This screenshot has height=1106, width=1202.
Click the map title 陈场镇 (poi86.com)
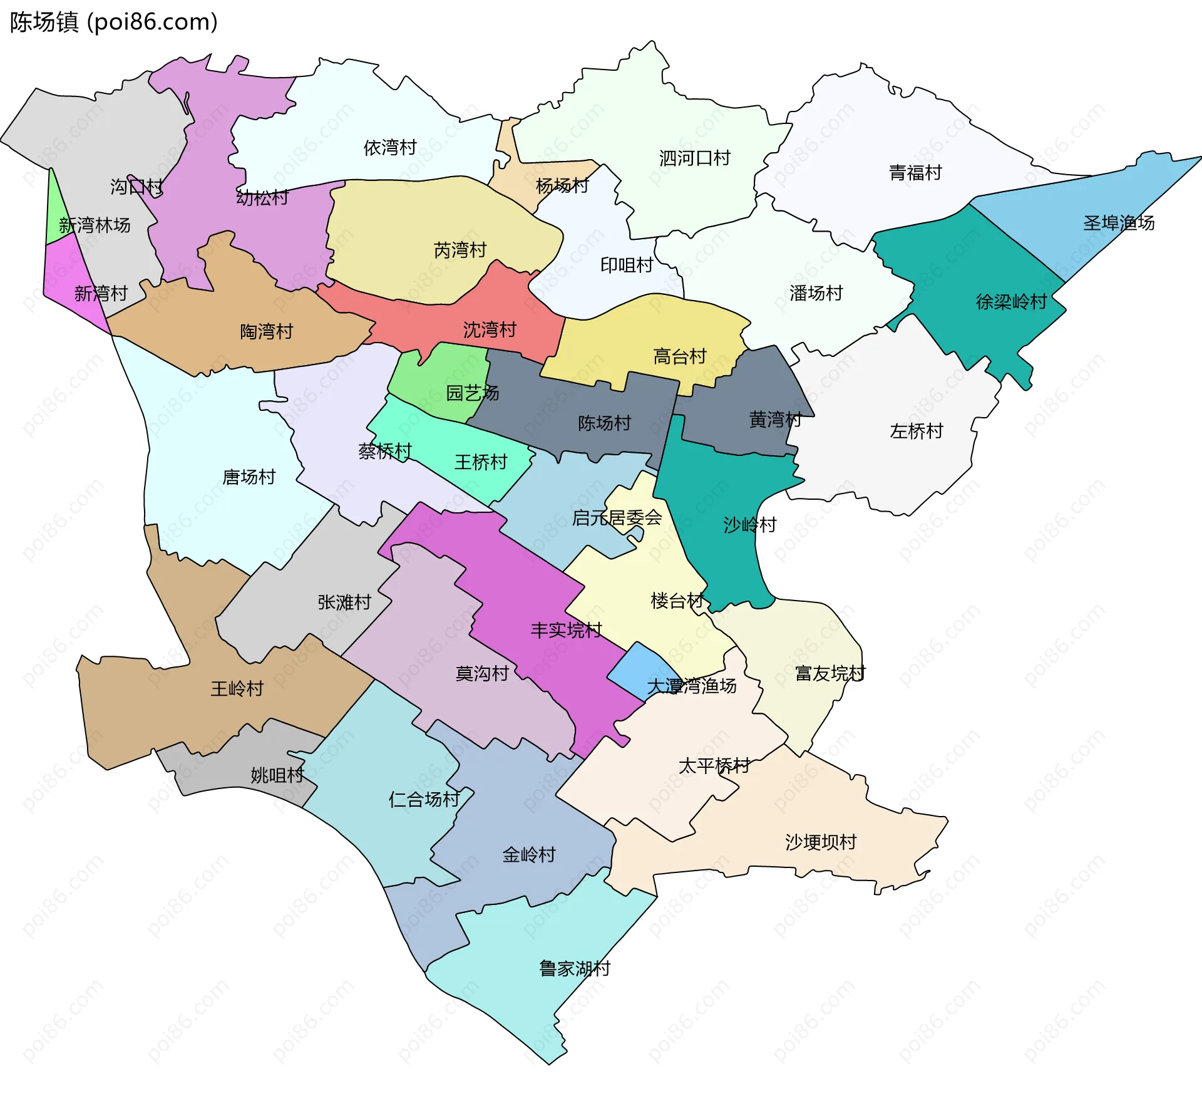click(x=113, y=22)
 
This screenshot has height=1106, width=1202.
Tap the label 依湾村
click(x=390, y=148)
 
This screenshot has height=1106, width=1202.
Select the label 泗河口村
click(x=694, y=158)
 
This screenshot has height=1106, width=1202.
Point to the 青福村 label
click(x=915, y=173)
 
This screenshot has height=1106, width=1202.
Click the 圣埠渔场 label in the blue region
click(x=1119, y=223)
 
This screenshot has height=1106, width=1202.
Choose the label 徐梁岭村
click(x=1011, y=302)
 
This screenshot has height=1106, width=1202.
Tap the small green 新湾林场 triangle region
click(x=55, y=216)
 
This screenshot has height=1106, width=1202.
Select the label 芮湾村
click(x=460, y=251)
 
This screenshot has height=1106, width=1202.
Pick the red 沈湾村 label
click(x=490, y=329)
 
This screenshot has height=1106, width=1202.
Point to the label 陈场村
click(x=604, y=423)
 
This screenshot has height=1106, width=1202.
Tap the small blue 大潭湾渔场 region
click(x=639, y=670)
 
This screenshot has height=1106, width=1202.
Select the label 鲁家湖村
click(x=575, y=969)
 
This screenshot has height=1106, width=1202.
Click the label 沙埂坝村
click(x=821, y=842)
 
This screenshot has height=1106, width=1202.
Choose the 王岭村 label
click(x=237, y=689)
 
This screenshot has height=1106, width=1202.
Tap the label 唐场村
click(x=249, y=477)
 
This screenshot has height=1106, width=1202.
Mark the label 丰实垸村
click(x=566, y=630)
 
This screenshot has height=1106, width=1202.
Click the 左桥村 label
click(x=916, y=432)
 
